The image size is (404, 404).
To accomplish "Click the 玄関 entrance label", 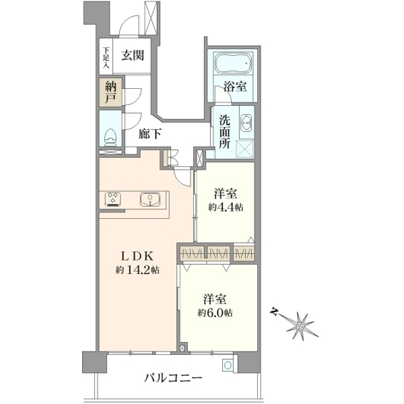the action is [x=133, y=56].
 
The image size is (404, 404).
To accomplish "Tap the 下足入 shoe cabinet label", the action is [x=106, y=57].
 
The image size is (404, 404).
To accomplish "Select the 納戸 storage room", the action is [x=111, y=92].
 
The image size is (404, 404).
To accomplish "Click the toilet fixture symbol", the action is [x=111, y=137].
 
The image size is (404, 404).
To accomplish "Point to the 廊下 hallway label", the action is [x=149, y=134].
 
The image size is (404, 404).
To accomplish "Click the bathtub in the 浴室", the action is [x=233, y=63].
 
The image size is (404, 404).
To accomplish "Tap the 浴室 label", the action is [x=235, y=87].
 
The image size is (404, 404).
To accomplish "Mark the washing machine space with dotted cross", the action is [x=245, y=149].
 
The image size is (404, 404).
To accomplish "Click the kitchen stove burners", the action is [x=113, y=199].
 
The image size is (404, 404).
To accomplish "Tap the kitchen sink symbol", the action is [x=150, y=199].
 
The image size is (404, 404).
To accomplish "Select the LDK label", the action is [x=137, y=257].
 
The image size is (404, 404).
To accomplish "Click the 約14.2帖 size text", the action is [x=137, y=270].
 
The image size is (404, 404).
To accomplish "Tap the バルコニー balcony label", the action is [x=173, y=378].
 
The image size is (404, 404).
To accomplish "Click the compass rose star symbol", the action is [x=300, y=327].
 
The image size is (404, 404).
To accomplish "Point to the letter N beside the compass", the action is [x=275, y=312].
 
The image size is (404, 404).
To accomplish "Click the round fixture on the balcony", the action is [x=228, y=366].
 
